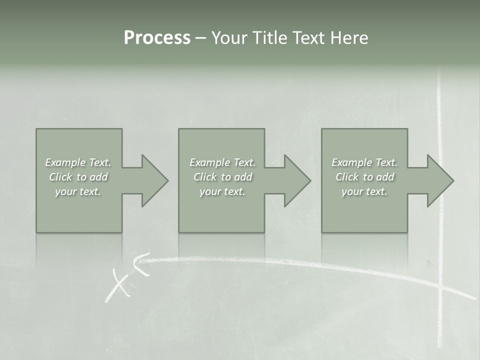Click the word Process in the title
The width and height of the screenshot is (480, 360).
157,38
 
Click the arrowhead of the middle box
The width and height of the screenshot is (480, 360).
297,180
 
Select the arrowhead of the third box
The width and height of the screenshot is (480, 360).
439,180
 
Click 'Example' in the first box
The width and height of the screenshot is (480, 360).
65,162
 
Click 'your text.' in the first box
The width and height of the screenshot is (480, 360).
78,191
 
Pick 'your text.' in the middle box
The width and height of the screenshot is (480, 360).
222,191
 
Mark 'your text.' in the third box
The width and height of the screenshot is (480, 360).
364,191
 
